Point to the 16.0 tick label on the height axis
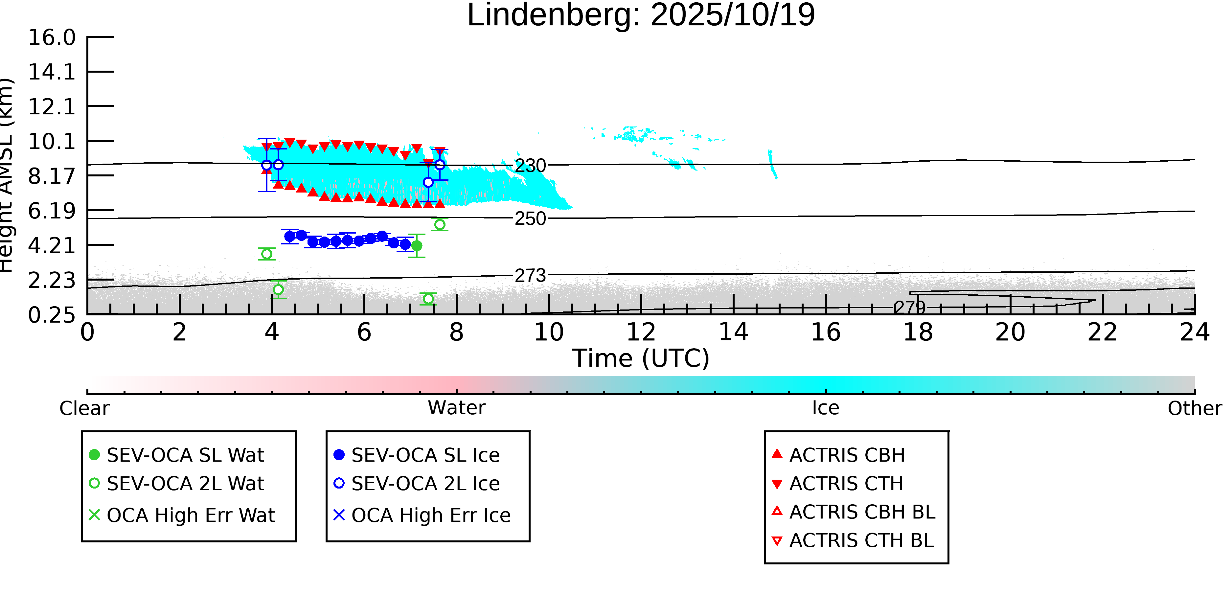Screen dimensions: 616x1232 pos(52,38)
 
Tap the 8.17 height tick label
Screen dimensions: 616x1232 pos(52,176)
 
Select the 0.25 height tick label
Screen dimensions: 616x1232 pos(52,315)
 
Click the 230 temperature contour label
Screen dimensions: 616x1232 pos(530,166)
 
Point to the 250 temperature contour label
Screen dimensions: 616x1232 pos(530,218)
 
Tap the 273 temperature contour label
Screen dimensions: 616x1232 pos(530,276)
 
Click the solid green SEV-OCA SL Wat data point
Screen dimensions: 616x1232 pos(417,246)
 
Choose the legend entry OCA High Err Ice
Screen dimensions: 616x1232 pos(430,515)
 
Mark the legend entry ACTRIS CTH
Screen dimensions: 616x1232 pos(846,484)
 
